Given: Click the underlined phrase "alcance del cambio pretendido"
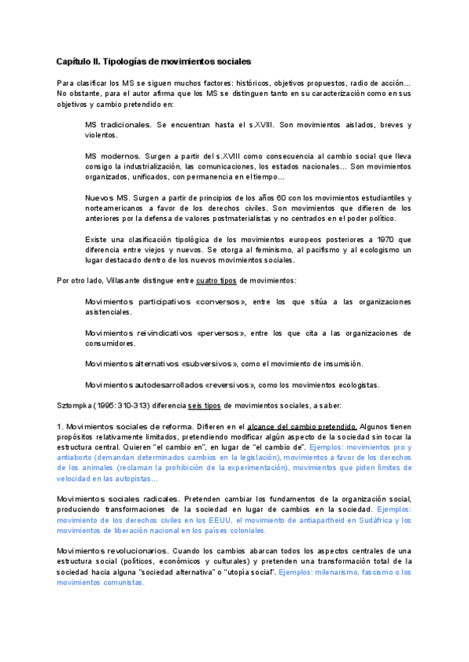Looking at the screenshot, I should [x=302, y=427].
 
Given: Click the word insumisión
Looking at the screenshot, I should [x=341, y=364].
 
